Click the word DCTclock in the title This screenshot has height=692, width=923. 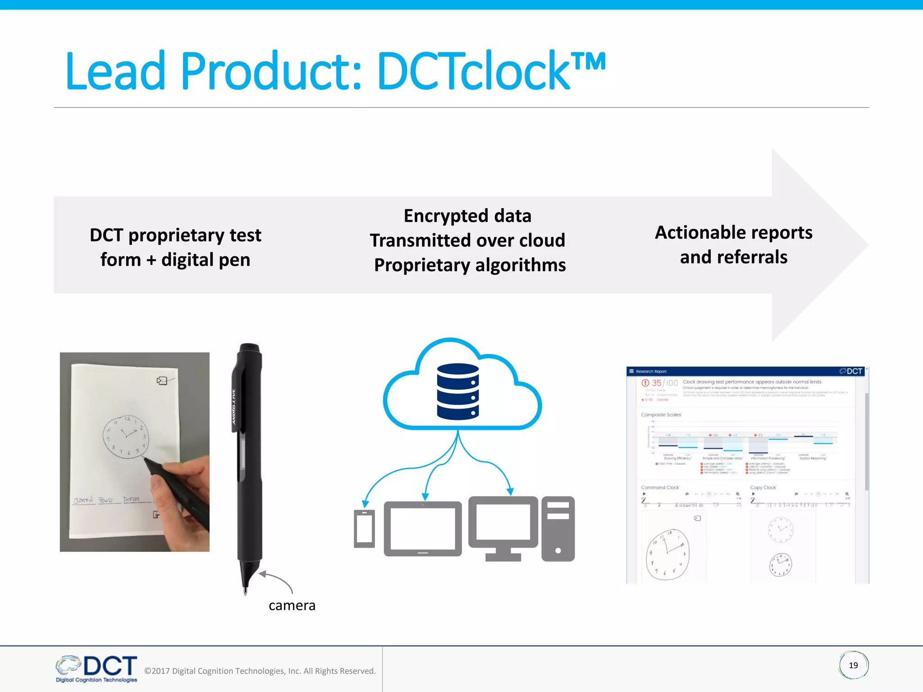coord(473,71)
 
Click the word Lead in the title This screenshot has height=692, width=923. coord(115,71)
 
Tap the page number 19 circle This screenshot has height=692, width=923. coord(853,665)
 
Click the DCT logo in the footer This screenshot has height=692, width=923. coord(97,669)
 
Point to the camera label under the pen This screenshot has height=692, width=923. coord(292,605)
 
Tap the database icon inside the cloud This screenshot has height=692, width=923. coord(458,392)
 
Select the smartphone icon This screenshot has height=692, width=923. coord(364,528)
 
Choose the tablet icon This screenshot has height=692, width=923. coord(423,528)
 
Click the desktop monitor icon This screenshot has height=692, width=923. coord(503,525)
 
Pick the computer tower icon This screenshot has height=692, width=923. coord(558,528)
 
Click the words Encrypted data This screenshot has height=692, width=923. coord(467,216)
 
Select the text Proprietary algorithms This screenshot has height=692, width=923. coord(470,265)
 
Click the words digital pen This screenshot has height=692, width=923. coord(206,260)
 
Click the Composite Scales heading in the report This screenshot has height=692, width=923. coord(661,414)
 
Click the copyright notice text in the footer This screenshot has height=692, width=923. coord(260,671)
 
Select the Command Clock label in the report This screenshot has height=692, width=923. coord(659,487)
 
